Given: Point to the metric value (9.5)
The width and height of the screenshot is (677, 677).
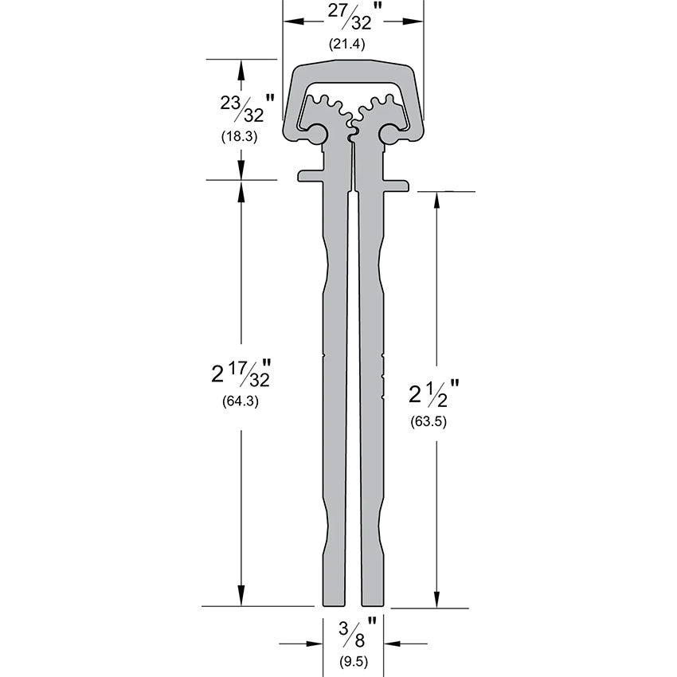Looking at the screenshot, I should pos(352,660).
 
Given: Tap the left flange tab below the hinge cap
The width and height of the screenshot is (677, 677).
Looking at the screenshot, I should pos(310,174).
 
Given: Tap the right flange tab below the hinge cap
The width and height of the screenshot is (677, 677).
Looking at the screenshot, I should pos(396,186).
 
